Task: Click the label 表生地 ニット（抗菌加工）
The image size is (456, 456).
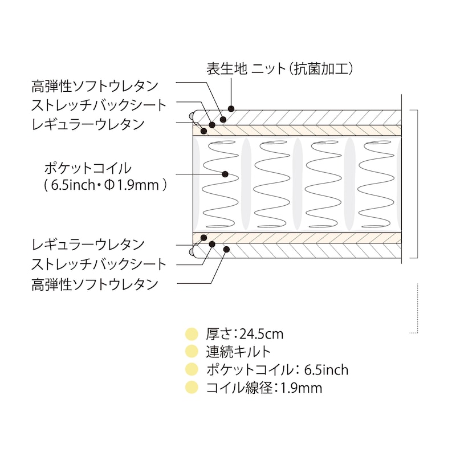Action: pyautogui.click(x=280, y=69)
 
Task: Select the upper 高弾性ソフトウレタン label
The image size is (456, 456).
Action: pyautogui.click(x=95, y=87)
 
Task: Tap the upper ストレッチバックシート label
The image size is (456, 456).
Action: pyautogui.click(x=99, y=105)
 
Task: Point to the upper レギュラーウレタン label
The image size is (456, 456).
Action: pyautogui.click(x=88, y=124)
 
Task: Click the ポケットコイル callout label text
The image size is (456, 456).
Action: pyautogui.click(x=88, y=168)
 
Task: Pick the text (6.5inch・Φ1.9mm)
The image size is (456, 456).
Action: pyautogui.click(x=105, y=185)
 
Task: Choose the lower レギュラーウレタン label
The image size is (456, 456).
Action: pyautogui.click(x=88, y=245)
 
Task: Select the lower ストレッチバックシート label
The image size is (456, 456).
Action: pyautogui.click(x=99, y=264)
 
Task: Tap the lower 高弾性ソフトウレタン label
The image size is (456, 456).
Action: pyautogui.click(x=95, y=284)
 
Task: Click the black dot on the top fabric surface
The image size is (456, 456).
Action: pyautogui.click(x=231, y=109)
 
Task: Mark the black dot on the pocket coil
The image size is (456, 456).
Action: pyautogui.click(x=225, y=174)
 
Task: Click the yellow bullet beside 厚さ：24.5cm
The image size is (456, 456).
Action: pyautogui.click(x=192, y=334)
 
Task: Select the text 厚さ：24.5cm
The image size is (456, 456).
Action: pyautogui.click(x=245, y=334)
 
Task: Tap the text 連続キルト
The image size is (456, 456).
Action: pyautogui.click(x=238, y=352)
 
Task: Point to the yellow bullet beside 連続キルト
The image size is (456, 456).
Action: pyautogui.click(x=192, y=352)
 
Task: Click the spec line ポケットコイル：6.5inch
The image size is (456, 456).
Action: pyautogui.click(x=277, y=370)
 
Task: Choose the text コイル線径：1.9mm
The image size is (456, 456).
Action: pyautogui.click(x=264, y=388)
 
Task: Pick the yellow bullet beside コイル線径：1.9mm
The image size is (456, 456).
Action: pyautogui.click(x=192, y=388)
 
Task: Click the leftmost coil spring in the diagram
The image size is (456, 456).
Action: pyautogui.click(x=220, y=184)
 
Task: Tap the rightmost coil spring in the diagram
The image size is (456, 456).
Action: pyautogui.click(x=376, y=184)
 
